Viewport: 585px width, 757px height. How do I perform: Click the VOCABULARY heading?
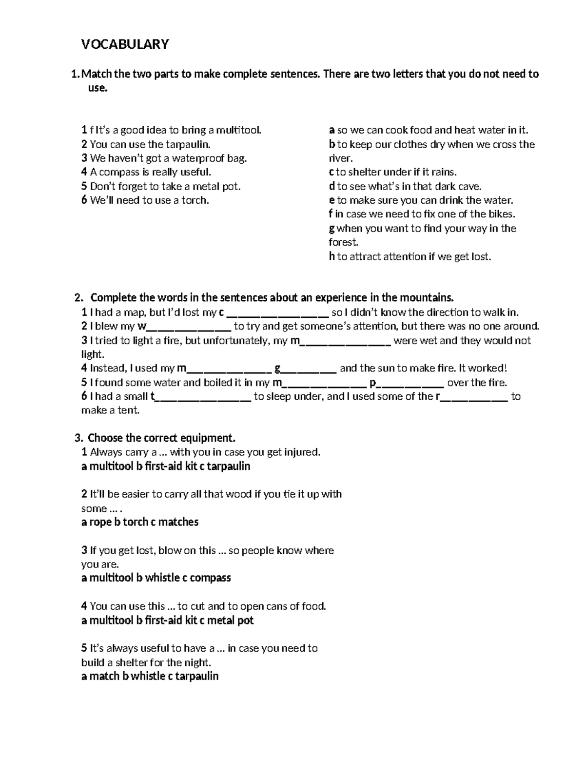click(x=125, y=44)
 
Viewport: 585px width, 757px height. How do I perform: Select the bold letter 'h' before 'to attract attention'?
click(x=332, y=257)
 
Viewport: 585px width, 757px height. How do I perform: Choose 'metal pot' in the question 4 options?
click(x=231, y=621)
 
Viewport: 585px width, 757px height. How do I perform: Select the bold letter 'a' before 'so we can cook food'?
click(x=332, y=130)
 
